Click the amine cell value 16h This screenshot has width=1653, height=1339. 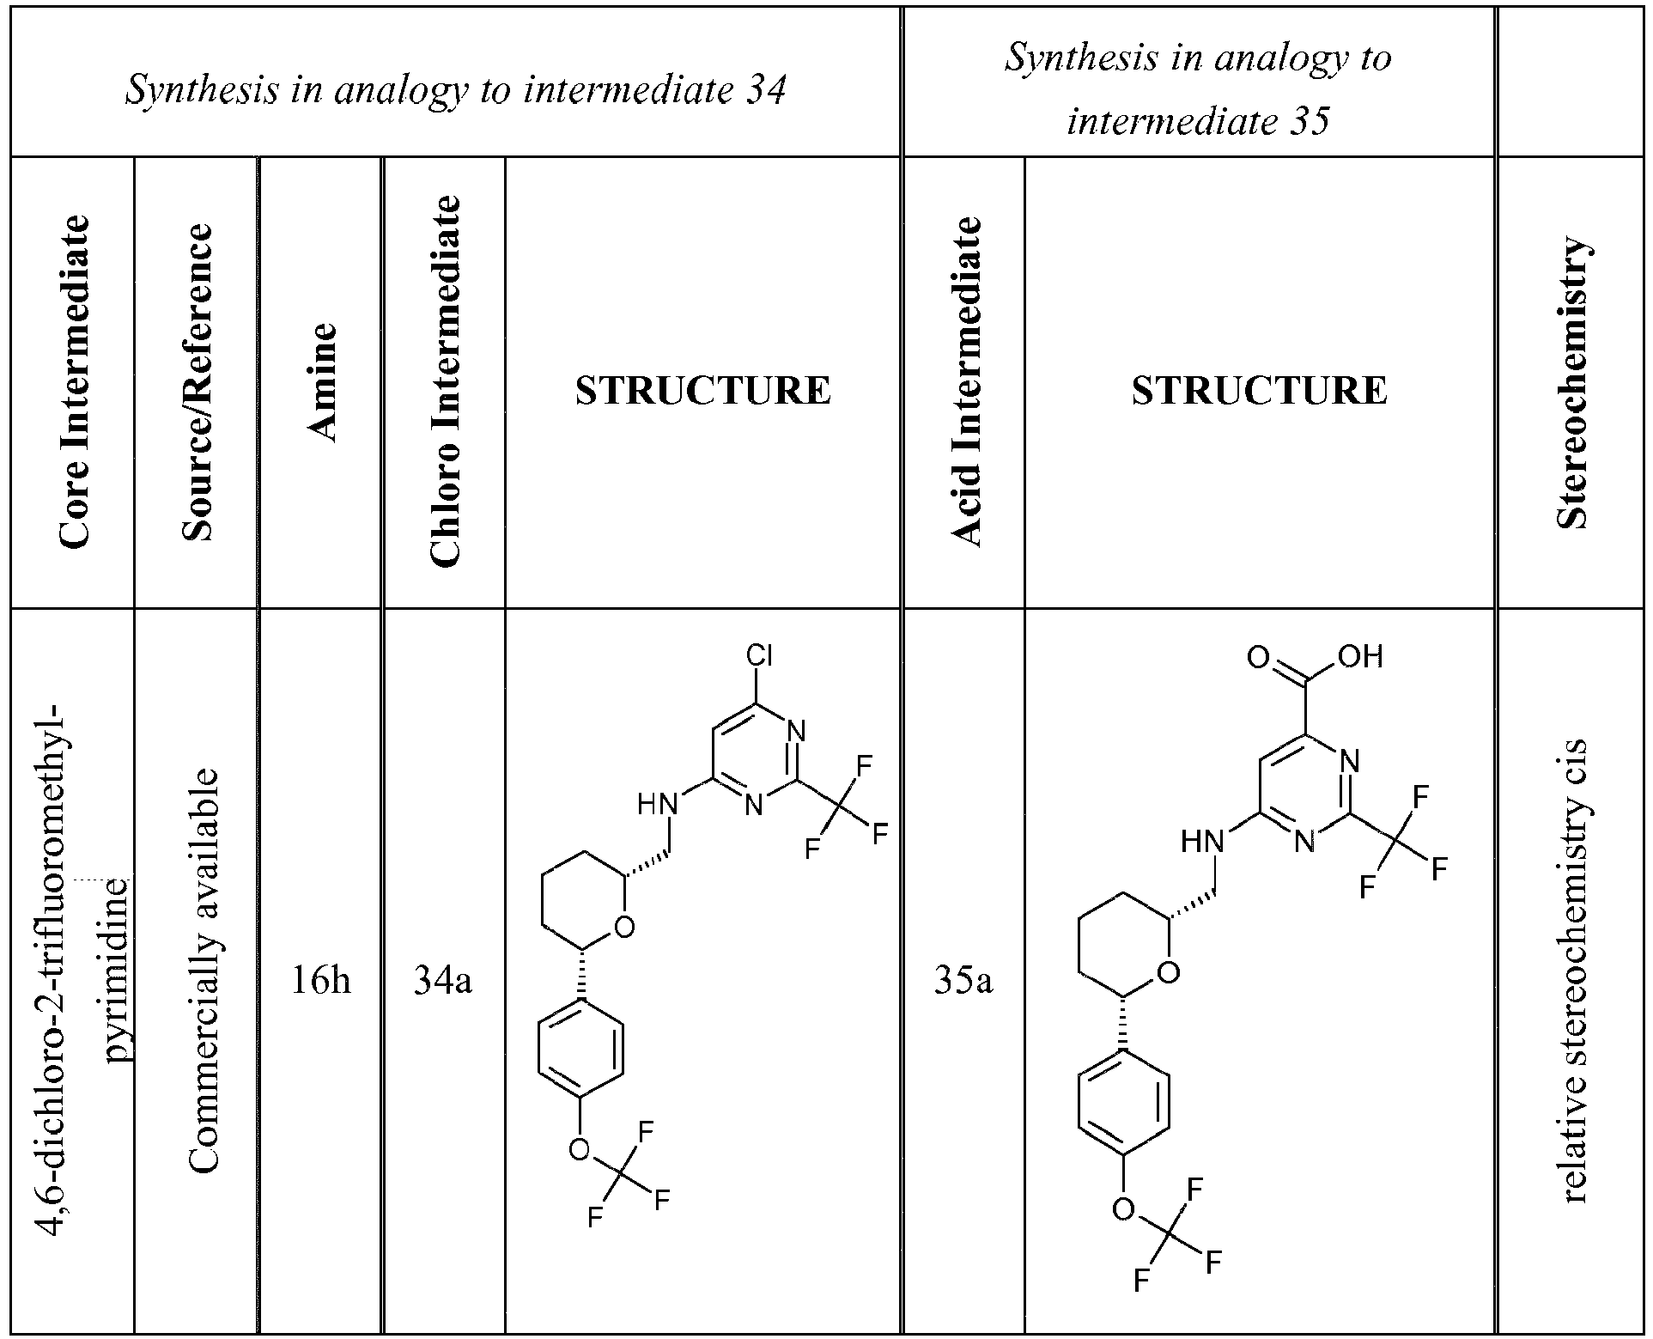tap(320, 981)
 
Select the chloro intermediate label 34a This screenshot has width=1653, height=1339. tap(443, 981)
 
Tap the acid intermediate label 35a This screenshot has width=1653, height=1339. tap(963, 981)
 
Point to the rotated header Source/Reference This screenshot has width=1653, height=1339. tap(197, 382)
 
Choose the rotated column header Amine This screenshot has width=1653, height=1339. tap(320, 382)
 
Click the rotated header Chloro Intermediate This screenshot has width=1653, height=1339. tap(444, 381)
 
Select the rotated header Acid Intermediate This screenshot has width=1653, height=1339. tap(965, 381)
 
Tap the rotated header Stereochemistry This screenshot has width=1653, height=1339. tap(1573, 382)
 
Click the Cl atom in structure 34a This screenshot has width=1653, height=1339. tap(759, 657)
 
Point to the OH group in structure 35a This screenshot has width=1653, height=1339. tap(1360, 659)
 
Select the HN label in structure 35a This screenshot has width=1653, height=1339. tap(1202, 842)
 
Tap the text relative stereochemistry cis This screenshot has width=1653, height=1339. tap(1574, 971)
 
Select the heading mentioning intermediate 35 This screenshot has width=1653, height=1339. tap(1198, 89)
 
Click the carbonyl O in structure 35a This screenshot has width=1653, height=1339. tap(1258, 659)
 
